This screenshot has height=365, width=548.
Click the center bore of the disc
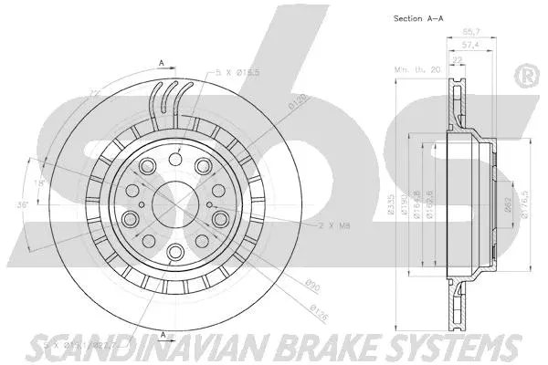[172, 201]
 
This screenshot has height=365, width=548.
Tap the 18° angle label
[37, 183]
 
